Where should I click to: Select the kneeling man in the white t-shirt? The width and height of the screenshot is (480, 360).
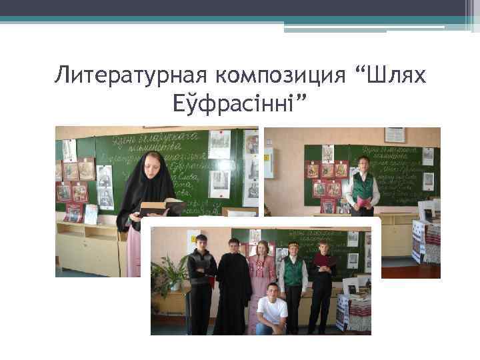click(x=271, y=311)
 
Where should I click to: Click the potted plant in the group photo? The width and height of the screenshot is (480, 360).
click(x=169, y=274)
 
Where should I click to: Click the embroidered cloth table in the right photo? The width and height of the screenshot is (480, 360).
click(x=427, y=240)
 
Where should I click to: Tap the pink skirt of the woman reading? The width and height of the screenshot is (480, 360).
click(x=134, y=253)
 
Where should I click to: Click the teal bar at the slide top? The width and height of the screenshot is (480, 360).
click(x=240, y=19)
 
